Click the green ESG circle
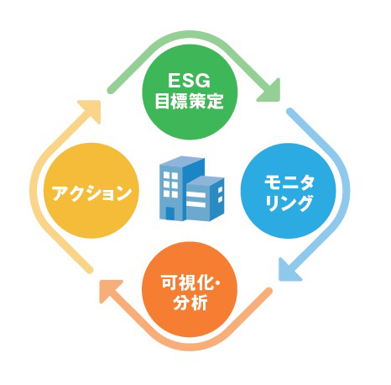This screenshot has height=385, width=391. coord(190,92)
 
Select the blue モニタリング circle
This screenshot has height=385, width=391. coord(288,191)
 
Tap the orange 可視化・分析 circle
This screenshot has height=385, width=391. coord(190,289)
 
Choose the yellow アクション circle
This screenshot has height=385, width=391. coord(91,191)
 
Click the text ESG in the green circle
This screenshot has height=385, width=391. coord(190,81)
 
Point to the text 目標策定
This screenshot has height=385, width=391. coord(190,101)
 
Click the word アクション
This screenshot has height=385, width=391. coord(91,192)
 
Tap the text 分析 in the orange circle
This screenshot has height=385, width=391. coord(190,302)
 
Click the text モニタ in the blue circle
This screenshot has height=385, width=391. coord(289,182)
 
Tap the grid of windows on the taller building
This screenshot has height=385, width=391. coord(170,184)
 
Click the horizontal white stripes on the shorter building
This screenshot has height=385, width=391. coord(195,199)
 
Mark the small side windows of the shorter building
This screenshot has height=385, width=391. coord(220,194)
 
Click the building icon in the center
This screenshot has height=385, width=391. coord(192,188)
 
